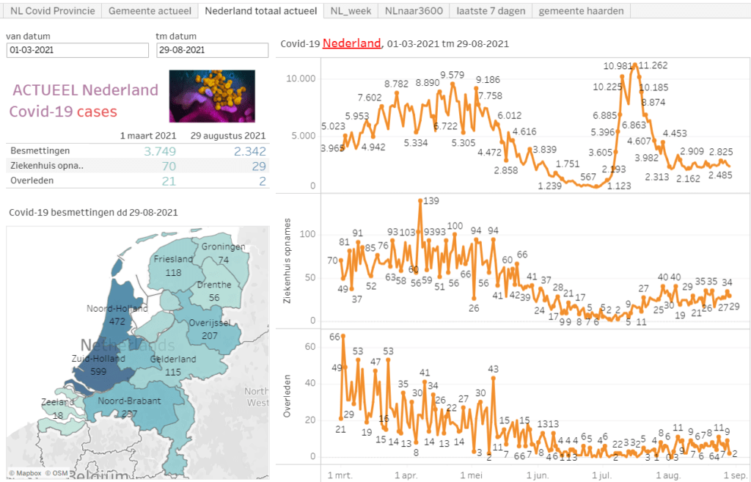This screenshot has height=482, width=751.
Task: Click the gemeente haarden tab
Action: (x=582, y=11)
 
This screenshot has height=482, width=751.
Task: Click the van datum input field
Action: (x=76, y=50)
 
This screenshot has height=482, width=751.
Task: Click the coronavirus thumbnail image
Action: (x=212, y=96)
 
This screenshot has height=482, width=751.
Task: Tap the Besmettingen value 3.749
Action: (x=160, y=150)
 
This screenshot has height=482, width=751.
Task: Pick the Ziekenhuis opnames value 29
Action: (x=258, y=166)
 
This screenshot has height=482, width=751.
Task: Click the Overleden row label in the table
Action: (x=26, y=180)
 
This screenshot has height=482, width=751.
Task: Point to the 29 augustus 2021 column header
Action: (x=227, y=136)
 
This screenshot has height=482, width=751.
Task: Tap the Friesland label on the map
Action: (x=173, y=259)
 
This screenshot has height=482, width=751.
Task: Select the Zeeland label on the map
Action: (x=58, y=403)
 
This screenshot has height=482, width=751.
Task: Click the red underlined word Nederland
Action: (x=351, y=43)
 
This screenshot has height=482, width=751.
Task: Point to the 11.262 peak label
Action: (x=653, y=65)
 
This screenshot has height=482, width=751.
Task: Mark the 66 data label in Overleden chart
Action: (x=336, y=337)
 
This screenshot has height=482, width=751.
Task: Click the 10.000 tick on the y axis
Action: (x=301, y=79)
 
